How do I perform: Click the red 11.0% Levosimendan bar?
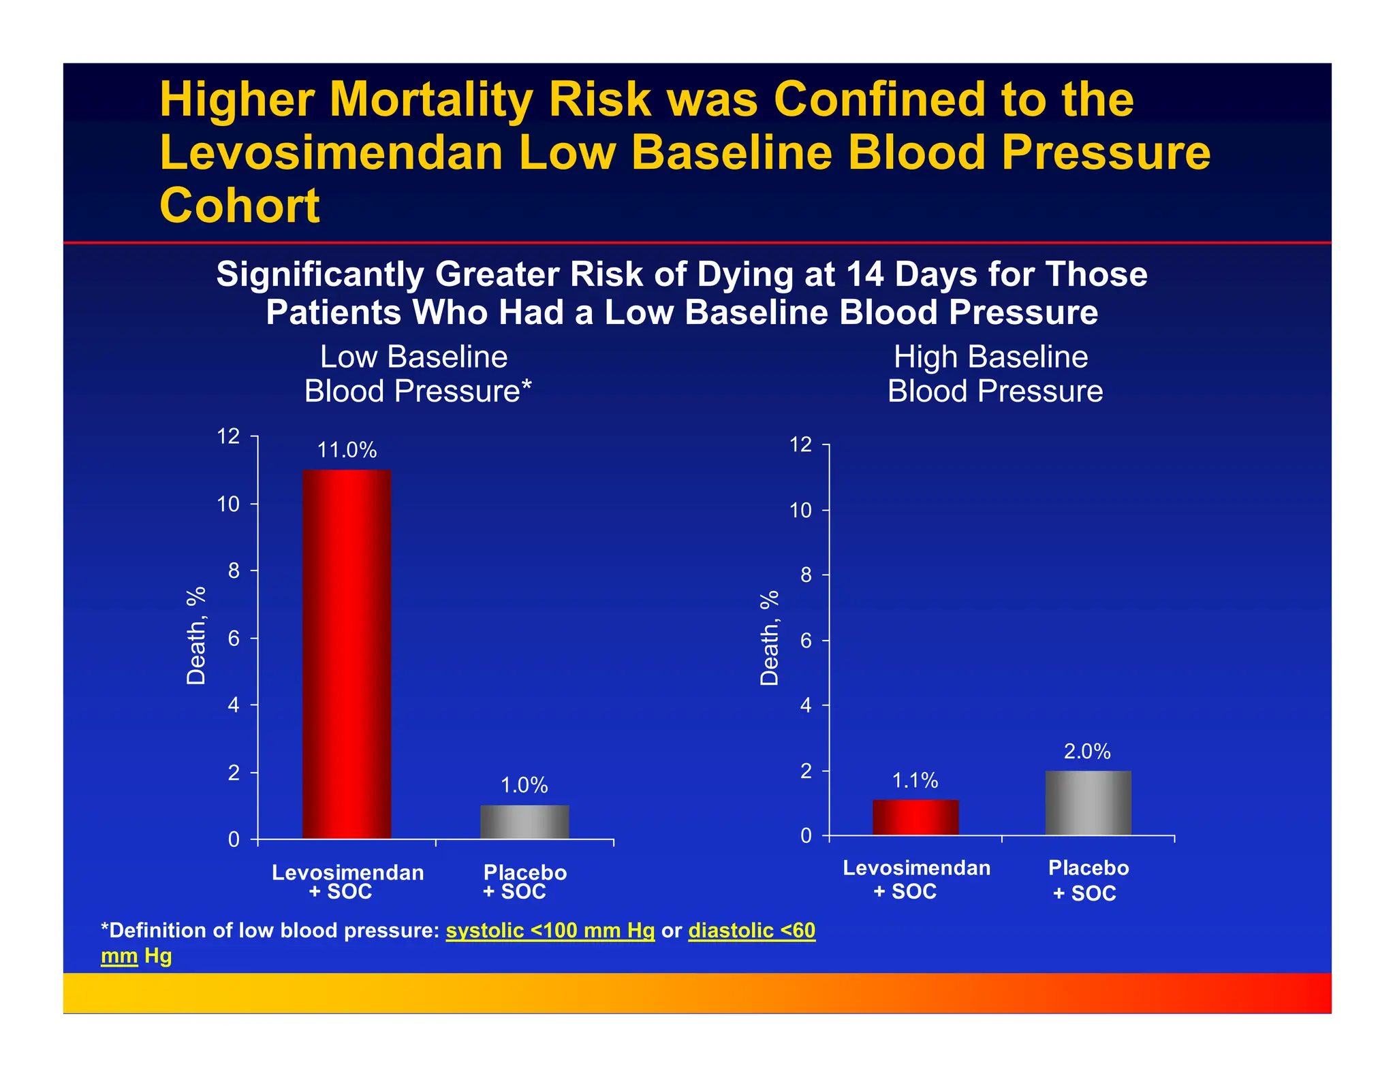click(x=347, y=654)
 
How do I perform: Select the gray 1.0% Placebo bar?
click(x=524, y=822)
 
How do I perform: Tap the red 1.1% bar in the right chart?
click(x=915, y=818)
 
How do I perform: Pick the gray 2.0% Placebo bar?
click(x=1088, y=803)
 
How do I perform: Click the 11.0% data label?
click(x=347, y=450)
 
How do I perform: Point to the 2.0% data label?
click(x=1087, y=752)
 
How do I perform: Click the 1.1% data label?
click(x=915, y=780)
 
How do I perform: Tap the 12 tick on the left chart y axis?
click(x=228, y=436)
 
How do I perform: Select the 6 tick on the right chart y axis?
click(x=806, y=641)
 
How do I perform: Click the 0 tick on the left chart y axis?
click(x=234, y=839)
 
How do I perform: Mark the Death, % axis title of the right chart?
click(x=769, y=638)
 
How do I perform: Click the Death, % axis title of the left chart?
click(x=196, y=635)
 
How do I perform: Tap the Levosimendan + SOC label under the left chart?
click(x=347, y=882)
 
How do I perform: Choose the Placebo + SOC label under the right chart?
click(x=1088, y=880)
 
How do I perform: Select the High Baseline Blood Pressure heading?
click(x=994, y=374)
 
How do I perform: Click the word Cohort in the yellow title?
click(x=239, y=206)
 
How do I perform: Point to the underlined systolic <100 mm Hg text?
click(x=550, y=931)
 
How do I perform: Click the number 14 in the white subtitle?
click(x=864, y=274)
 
